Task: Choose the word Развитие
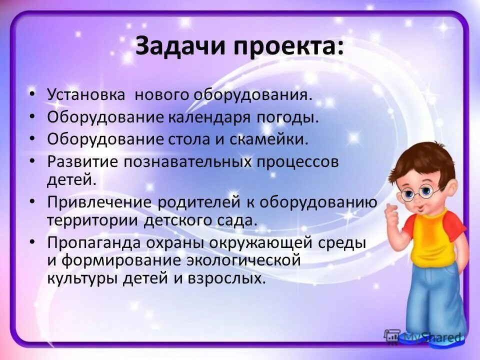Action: [x=80, y=162]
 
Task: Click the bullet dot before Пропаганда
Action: [x=32, y=242]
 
